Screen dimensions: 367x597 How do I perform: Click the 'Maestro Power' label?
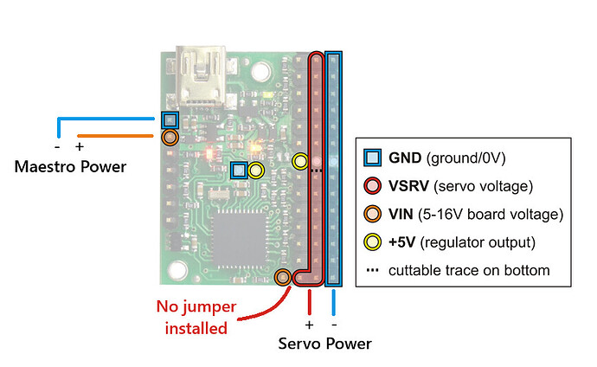click(x=70, y=165)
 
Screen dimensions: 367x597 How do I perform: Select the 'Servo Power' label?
click(x=324, y=344)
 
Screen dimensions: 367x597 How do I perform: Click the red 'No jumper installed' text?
click(x=191, y=317)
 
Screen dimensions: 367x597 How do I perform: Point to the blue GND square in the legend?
click(x=373, y=158)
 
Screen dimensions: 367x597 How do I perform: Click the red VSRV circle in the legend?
click(x=373, y=185)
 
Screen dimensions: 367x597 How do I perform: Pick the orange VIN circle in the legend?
click(x=373, y=214)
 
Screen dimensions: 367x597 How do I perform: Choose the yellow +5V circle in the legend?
click(x=373, y=242)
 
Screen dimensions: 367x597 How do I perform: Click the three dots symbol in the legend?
click(x=373, y=270)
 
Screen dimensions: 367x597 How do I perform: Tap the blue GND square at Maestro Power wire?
click(x=170, y=119)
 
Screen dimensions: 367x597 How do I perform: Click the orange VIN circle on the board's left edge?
click(x=170, y=137)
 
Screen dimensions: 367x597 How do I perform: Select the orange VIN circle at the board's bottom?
click(x=282, y=278)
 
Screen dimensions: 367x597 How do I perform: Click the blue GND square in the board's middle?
click(x=240, y=171)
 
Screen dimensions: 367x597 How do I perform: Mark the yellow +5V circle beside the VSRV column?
click(x=300, y=160)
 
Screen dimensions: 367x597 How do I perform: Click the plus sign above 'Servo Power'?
click(x=309, y=324)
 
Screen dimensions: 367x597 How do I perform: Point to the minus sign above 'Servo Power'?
click(x=334, y=324)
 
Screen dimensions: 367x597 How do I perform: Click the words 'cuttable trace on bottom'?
click(x=469, y=270)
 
